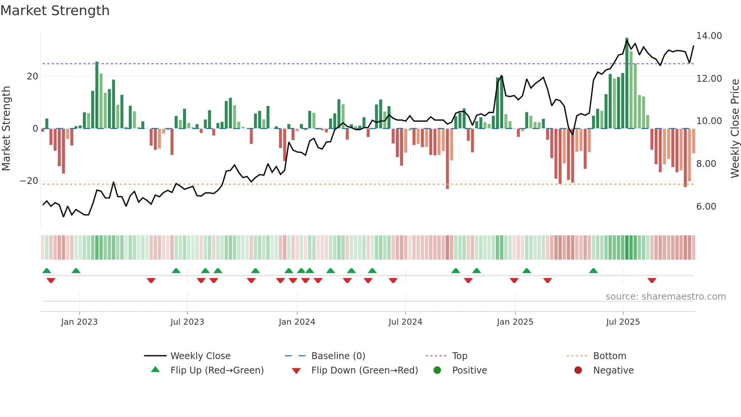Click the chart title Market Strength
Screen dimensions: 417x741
click(55, 11)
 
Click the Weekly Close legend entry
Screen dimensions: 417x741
click(200, 356)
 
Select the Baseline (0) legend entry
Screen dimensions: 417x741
click(338, 356)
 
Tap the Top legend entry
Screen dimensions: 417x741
click(459, 356)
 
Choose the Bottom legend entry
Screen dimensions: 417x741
click(609, 356)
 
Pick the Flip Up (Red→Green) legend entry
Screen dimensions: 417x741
click(217, 370)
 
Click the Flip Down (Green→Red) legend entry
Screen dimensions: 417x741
click(364, 370)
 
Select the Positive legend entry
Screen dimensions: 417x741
click(469, 370)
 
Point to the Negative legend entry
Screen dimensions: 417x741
click(613, 370)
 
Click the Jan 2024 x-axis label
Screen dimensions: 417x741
click(297, 322)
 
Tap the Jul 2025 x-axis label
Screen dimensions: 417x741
click(623, 322)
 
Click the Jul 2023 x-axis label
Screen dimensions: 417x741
click(187, 322)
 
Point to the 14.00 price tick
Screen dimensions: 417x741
click(709, 36)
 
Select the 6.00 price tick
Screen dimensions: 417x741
click(706, 207)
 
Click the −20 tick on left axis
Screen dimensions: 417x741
click(29, 181)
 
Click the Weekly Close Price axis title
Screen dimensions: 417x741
click(735, 128)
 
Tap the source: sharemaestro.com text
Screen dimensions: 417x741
click(665, 297)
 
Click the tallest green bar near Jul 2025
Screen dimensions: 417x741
click(627, 83)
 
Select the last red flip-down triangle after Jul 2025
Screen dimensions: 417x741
click(651, 280)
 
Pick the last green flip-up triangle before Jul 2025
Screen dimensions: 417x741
click(593, 271)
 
